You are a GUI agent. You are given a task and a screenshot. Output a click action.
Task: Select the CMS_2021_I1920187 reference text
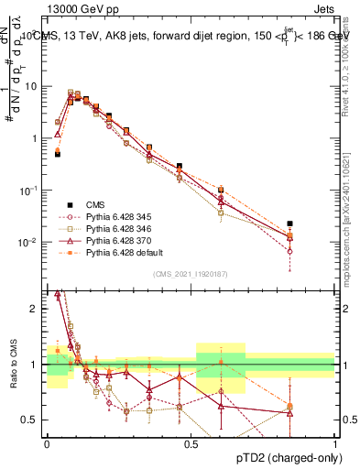(x=191, y=273)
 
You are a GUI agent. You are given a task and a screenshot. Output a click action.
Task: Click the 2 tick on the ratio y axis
(x=35, y=309)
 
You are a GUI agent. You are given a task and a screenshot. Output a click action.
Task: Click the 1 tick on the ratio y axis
(x=35, y=365)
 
